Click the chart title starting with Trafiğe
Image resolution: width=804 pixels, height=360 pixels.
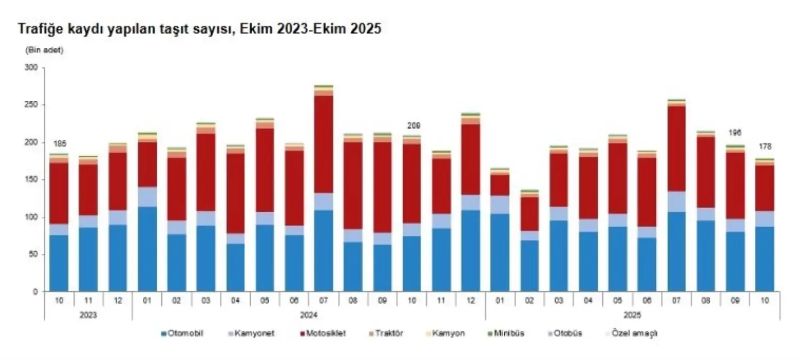point(199,30)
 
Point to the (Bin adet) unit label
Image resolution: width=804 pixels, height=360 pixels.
point(44,51)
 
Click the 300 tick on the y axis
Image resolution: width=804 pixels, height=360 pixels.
point(31,68)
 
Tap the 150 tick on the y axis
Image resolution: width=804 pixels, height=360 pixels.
point(31,180)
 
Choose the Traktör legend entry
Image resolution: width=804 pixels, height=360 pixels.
point(388,333)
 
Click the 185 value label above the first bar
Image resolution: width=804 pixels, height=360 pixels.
point(59,144)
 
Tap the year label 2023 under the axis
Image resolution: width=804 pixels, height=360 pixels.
point(88,315)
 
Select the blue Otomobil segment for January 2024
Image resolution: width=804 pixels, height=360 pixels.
point(147,249)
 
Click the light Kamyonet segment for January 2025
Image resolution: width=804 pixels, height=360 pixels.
point(500,204)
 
